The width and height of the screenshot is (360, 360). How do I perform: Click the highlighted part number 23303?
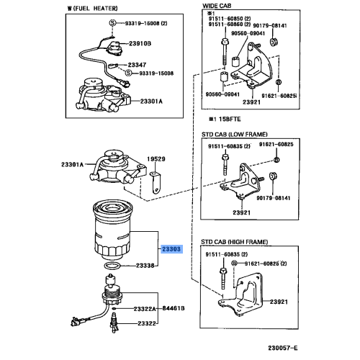click(x=172, y=248)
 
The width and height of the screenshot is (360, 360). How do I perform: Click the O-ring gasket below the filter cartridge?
click(x=110, y=267)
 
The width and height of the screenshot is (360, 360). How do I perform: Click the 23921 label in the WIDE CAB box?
click(x=251, y=103)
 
